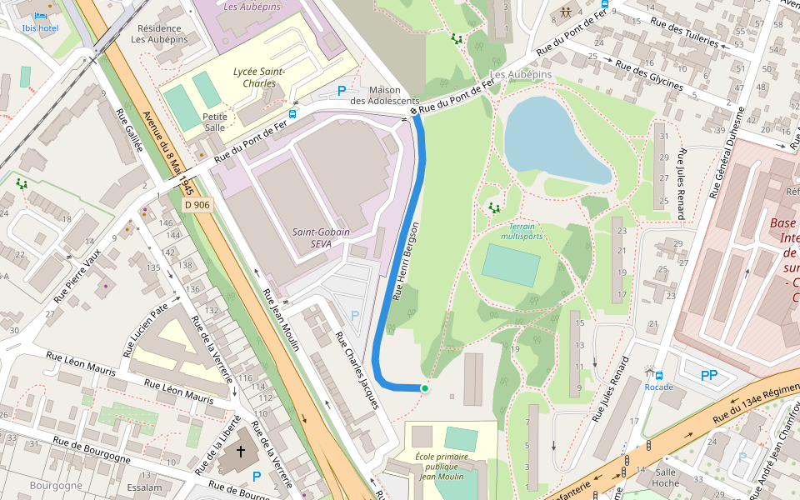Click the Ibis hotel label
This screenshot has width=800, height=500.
(40, 27)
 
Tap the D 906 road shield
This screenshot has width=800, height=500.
(197, 204)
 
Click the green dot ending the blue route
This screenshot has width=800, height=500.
(424, 387)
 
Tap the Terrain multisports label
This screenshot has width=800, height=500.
(522, 231)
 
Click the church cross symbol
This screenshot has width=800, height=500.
(241, 452)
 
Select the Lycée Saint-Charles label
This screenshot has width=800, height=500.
(259, 77)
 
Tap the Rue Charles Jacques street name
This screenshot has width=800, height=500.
(357, 371)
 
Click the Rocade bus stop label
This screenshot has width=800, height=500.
(658, 387)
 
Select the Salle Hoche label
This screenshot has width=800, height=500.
(665, 477)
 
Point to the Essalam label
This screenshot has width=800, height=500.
(144, 487)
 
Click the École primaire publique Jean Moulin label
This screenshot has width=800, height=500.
(442, 467)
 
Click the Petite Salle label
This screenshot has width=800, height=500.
(215, 122)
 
